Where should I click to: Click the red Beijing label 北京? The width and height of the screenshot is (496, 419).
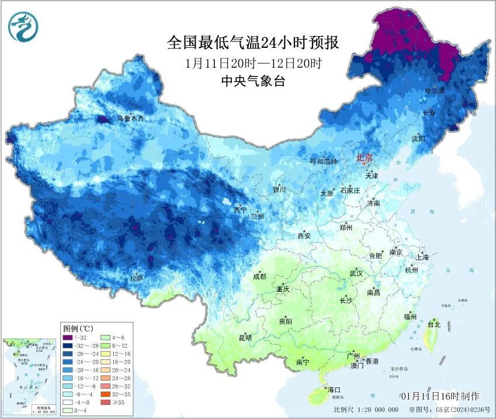364,157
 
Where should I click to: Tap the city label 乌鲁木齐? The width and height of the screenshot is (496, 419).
130,118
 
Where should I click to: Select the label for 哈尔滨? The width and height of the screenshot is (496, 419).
435,91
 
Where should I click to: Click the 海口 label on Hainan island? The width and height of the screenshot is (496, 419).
334,389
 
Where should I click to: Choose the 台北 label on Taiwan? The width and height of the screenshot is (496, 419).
434,324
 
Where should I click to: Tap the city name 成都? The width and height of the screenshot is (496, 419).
260,277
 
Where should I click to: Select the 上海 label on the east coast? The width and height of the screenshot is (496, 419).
422,257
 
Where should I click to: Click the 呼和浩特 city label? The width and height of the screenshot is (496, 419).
323,161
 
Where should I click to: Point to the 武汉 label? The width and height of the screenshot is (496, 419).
356,273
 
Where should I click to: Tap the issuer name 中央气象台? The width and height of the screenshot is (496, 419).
252,82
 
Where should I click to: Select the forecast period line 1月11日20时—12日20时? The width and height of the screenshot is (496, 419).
252,63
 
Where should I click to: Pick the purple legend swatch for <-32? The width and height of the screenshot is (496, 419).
68,338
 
